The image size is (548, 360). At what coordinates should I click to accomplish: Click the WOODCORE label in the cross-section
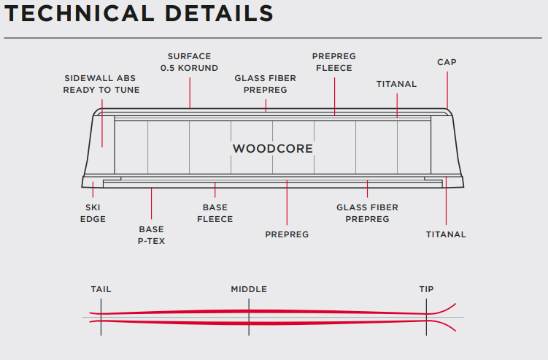(x=272, y=149)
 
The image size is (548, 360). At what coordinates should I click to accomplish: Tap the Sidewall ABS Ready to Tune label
(x=101, y=84)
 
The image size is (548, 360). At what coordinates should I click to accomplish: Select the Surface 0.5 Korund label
(x=189, y=62)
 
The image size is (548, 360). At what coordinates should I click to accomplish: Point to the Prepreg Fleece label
(x=333, y=62)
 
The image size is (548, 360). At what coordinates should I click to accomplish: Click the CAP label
(x=447, y=62)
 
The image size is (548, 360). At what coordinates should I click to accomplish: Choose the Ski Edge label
(x=93, y=213)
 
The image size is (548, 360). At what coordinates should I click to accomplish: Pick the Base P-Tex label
(x=151, y=235)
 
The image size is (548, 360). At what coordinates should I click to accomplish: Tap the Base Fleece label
(x=215, y=213)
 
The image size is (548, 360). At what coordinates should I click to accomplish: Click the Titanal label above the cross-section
(x=396, y=84)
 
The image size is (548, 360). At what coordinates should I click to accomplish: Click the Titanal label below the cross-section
(x=446, y=234)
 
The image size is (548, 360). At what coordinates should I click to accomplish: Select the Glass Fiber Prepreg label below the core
(x=367, y=213)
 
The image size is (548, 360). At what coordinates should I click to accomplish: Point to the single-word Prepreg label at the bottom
(x=287, y=234)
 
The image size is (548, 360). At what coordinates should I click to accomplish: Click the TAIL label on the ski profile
(x=101, y=289)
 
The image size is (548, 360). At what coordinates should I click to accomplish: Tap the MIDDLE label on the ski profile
(x=249, y=289)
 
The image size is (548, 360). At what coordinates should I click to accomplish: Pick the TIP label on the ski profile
(x=426, y=289)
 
